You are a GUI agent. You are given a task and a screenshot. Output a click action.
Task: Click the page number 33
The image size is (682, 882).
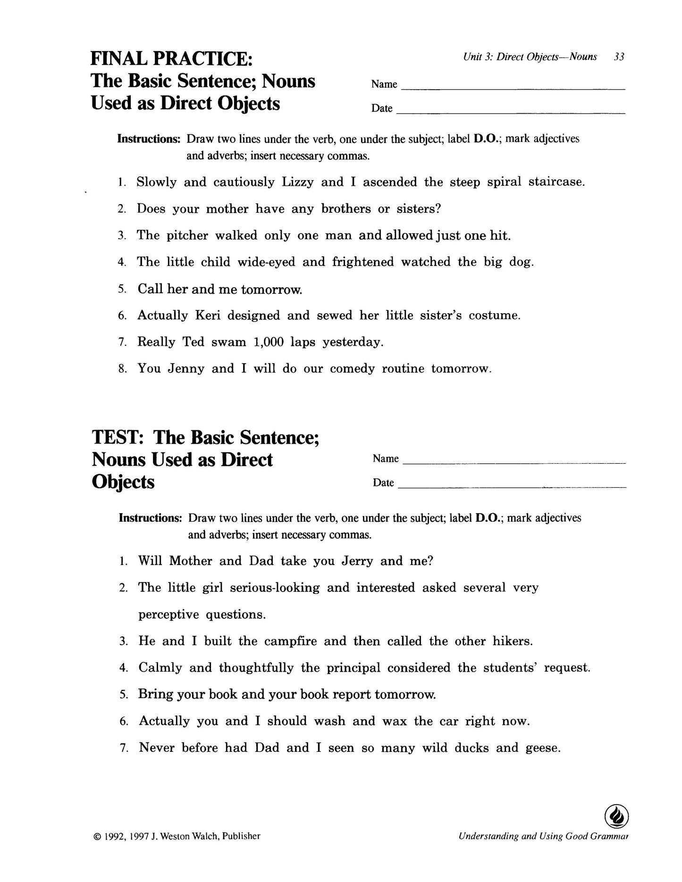tap(619, 57)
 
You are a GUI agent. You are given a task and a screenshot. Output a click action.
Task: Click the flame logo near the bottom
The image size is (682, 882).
tap(616, 816)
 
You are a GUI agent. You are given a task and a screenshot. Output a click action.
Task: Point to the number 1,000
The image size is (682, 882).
tap(268, 342)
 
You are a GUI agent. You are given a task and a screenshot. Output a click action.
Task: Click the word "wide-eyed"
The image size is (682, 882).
tap(266, 262)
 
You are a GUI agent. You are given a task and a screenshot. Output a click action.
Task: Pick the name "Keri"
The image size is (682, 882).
tap(208, 316)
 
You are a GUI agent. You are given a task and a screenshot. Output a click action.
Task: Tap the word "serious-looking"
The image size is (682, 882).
tap(275, 588)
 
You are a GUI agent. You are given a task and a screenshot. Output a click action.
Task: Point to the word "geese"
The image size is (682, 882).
tap(542, 748)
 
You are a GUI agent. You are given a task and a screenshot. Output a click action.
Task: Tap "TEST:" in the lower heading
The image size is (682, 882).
tap(119, 437)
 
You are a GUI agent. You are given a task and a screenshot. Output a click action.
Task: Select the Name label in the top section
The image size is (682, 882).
tap(384, 84)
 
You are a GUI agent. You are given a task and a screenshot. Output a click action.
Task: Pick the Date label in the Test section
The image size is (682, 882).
tap(383, 483)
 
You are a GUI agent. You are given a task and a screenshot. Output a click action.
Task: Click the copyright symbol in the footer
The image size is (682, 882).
tap(97, 837)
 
